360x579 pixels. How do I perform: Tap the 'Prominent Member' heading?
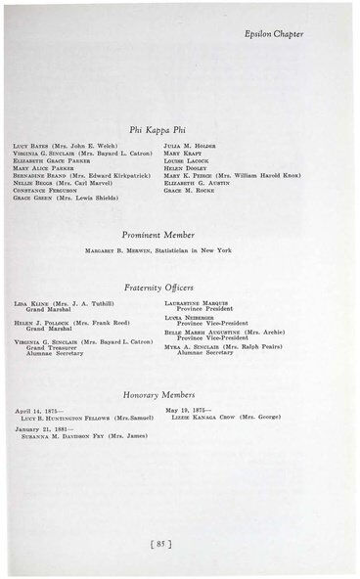click(158, 235)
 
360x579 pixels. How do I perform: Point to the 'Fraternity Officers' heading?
click(158, 288)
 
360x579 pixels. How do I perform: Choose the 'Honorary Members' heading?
click(158, 394)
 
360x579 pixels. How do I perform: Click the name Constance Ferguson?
click(47, 190)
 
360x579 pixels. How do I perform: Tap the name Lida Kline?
click(31, 304)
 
